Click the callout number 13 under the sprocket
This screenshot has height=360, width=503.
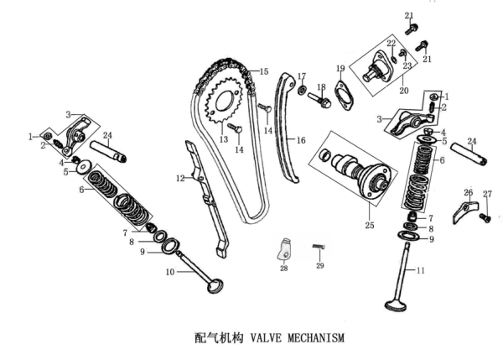click(x=224, y=139)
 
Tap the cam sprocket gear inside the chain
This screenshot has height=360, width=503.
click(x=223, y=102)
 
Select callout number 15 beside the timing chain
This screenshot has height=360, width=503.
click(x=264, y=71)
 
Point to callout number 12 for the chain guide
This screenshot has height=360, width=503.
click(x=180, y=178)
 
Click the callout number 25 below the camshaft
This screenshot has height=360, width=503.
click(x=370, y=225)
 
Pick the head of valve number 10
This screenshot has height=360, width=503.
click(x=215, y=286)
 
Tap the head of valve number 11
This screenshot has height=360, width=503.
click(x=395, y=305)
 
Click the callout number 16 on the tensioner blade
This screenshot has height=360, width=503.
click(x=301, y=140)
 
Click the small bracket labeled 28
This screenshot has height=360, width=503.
click(x=284, y=249)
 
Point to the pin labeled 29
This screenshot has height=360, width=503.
click(x=319, y=247)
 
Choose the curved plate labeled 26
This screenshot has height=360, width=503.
click(x=465, y=212)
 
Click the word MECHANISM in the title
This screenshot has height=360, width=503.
click(x=316, y=338)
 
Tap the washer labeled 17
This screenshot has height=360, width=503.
click(x=302, y=91)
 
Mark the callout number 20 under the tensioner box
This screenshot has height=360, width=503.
click(x=404, y=91)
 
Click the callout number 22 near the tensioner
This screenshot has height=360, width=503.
click(x=391, y=43)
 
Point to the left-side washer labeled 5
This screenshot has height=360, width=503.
click(x=84, y=167)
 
